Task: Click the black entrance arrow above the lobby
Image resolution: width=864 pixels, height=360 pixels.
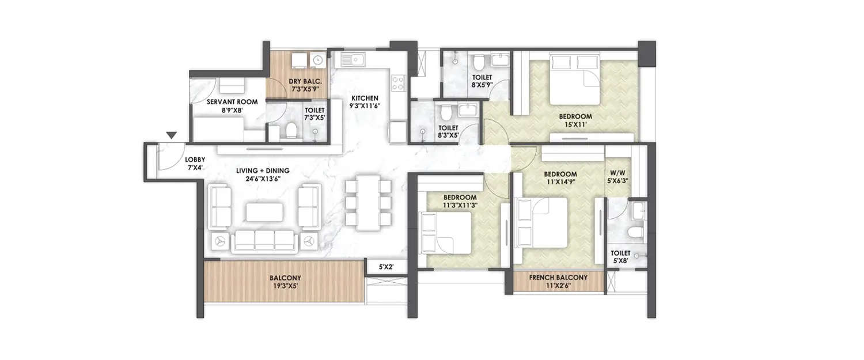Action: [x=171, y=135]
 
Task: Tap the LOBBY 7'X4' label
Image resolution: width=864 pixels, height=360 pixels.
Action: [x=192, y=164]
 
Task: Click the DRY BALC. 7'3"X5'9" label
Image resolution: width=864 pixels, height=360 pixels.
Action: [x=305, y=86]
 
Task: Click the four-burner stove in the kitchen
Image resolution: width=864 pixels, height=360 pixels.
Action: [x=398, y=83]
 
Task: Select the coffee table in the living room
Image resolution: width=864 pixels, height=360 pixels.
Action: [x=265, y=212]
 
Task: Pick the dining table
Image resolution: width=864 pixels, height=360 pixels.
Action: [x=366, y=203]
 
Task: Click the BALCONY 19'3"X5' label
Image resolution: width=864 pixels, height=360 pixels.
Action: [x=285, y=281]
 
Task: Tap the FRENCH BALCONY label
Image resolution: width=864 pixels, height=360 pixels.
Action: [x=558, y=281]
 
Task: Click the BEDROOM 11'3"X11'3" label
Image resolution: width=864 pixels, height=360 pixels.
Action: [x=460, y=200]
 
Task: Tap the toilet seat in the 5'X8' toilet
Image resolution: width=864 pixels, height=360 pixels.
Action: [x=635, y=232]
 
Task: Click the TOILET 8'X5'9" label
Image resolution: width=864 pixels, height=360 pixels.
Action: [x=482, y=81]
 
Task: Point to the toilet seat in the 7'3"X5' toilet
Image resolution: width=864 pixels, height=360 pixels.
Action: [x=291, y=131]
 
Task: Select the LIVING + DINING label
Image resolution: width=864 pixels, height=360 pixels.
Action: [x=262, y=175]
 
